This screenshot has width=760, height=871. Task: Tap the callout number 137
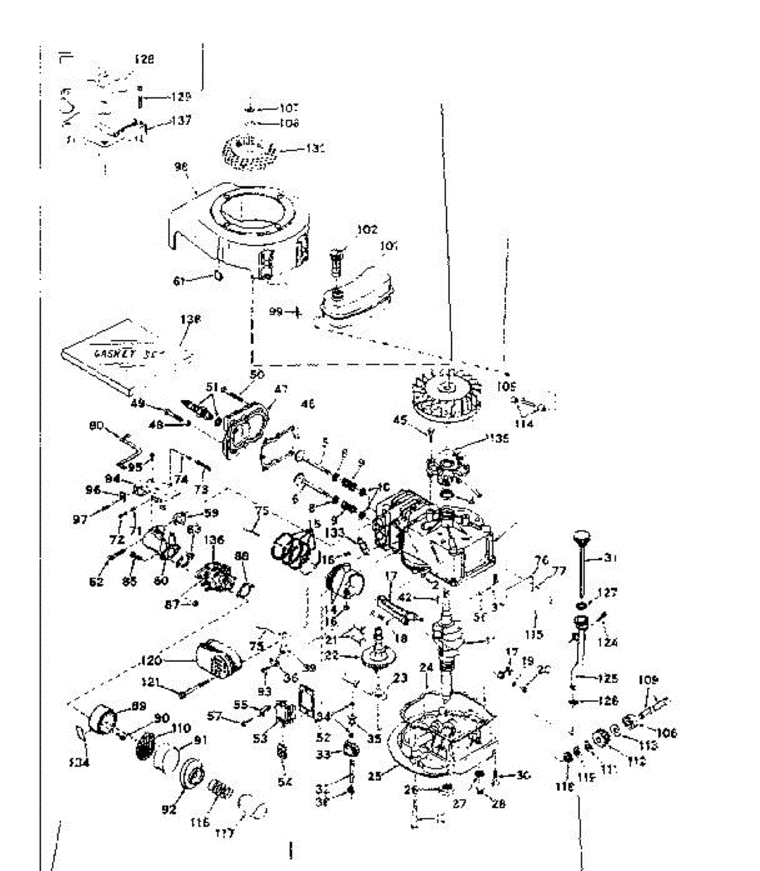tap(181, 121)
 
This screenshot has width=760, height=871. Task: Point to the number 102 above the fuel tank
tap(368, 229)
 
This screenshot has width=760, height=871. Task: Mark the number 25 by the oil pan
tap(374, 776)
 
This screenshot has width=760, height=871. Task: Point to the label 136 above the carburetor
tap(215, 540)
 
